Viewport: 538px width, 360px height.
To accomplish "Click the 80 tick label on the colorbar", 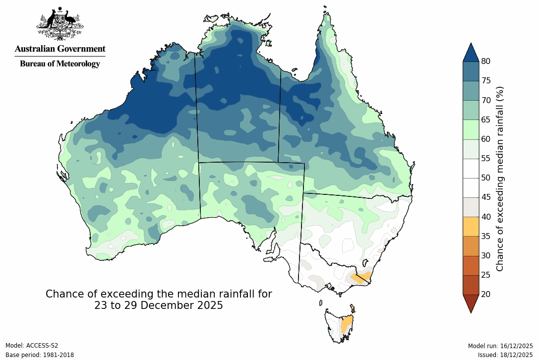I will (x=486, y=61).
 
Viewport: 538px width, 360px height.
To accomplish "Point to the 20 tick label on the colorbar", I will (x=486, y=294).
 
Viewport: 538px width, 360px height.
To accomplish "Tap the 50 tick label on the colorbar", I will (x=486, y=178).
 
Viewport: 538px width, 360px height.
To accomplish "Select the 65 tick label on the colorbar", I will (x=486, y=120).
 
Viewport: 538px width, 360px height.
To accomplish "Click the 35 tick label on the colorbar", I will (x=486, y=236).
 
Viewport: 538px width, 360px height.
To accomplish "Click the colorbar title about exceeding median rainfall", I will (x=500, y=179).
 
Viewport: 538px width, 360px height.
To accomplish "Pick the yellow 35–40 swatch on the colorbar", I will (x=471, y=226).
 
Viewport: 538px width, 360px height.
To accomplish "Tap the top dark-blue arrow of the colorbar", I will (x=471, y=53).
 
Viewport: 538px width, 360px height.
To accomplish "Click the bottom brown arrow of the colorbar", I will (x=471, y=303).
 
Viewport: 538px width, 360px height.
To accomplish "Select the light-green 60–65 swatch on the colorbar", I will (x=471, y=129).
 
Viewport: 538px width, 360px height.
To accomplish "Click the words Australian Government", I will (x=60, y=49).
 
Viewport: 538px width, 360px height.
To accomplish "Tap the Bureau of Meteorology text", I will (x=60, y=63).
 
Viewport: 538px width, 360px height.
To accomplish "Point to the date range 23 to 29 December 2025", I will (x=159, y=305).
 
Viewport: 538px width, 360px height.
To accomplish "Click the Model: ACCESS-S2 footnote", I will (x=32, y=346).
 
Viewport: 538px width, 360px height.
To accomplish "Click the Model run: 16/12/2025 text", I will (x=500, y=346).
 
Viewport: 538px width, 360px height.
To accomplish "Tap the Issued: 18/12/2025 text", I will (x=505, y=355).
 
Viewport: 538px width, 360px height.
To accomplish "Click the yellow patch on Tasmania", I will (x=348, y=325).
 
